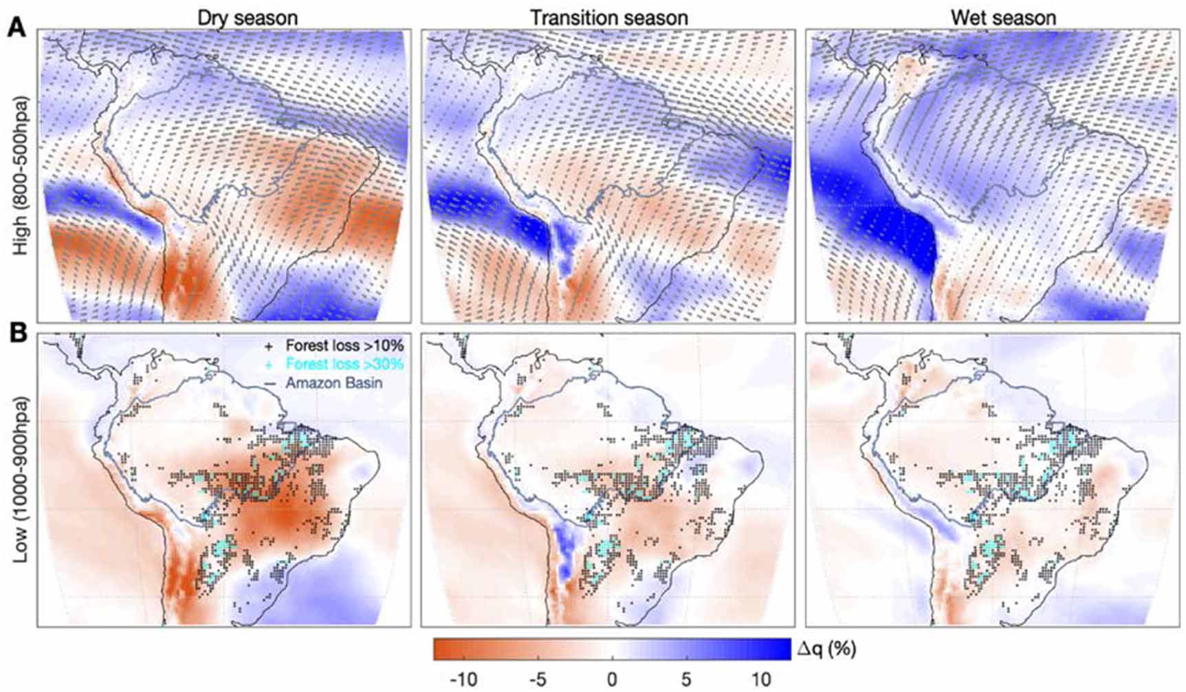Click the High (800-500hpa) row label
tap(22, 177)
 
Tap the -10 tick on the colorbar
tap(463, 680)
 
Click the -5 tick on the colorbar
tap(538, 680)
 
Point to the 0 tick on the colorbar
tap(612, 680)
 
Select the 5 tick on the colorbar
tap(686, 680)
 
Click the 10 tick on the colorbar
tap(760, 680)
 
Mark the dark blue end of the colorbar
tap(784, 649)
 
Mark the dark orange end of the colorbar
tap(440, 649)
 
